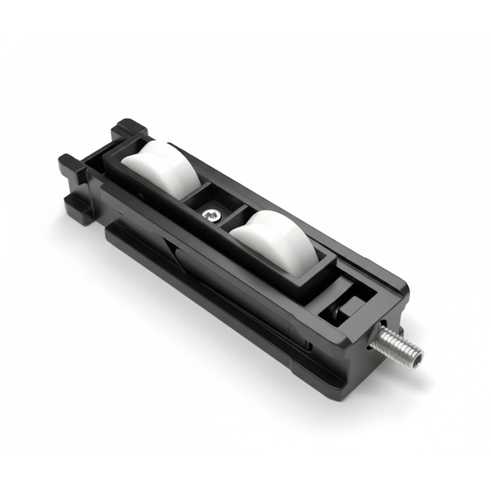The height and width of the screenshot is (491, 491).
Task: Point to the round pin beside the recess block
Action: pyautogui.click(x=335, y=313)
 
